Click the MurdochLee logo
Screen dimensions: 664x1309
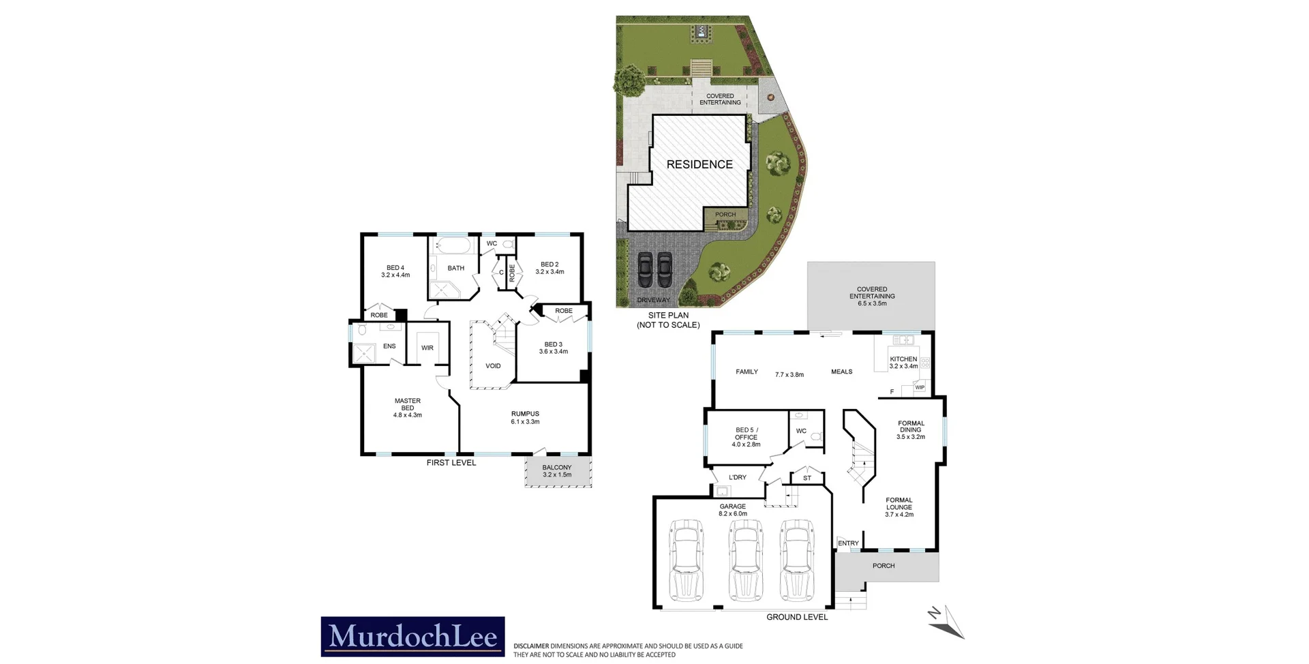[x=412, y=637]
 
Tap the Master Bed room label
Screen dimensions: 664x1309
[x=408, y=404]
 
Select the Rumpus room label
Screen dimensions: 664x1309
[x=525, y=414]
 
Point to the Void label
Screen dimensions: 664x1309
[x=493, y=366]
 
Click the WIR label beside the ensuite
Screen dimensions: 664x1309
[x=427, y=348]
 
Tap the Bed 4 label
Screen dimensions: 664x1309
[x=395, y=268]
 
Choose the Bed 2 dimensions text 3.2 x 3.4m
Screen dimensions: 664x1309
[x=550, y=272]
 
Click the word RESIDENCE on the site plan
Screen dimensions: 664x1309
[x=699, y=164]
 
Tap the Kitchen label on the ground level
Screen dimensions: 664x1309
[x=903, y=359]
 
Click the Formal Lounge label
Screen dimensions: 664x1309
[x=899, y=504]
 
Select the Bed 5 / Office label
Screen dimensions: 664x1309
[x=746, y=434]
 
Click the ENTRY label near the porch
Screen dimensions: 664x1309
[x=848, y=543]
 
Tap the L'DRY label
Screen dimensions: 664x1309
[x=738, y=478]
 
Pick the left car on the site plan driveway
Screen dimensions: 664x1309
[x=645, y=272]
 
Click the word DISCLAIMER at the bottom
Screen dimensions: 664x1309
[x=531, y=646]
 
